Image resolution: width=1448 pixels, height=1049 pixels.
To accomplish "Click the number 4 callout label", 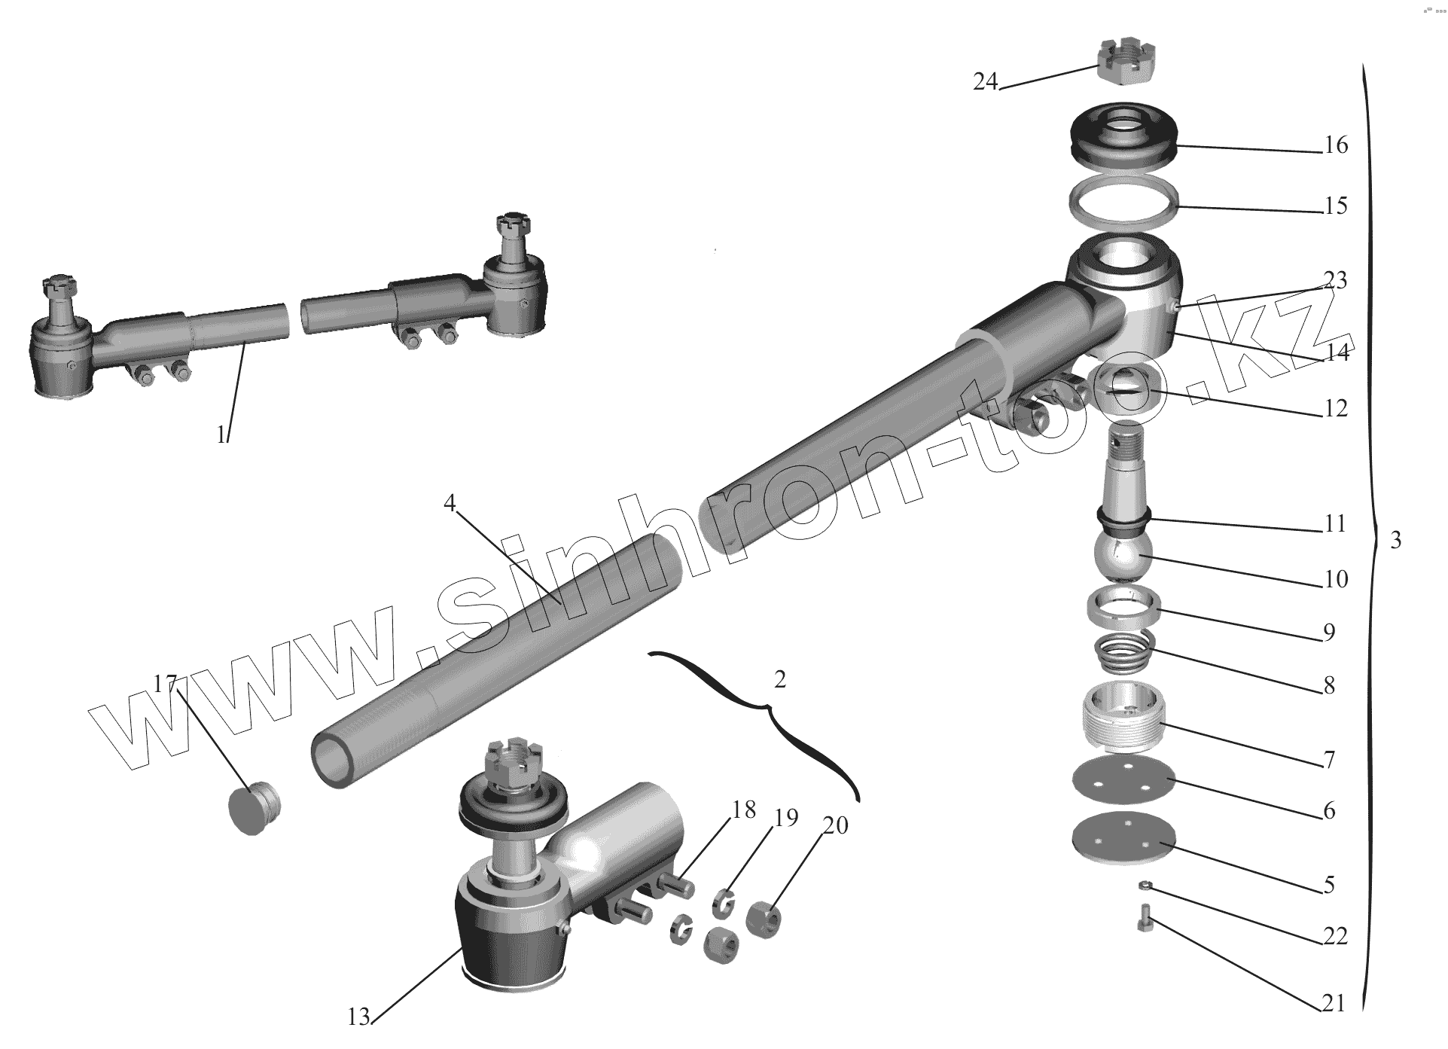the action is (450, 503).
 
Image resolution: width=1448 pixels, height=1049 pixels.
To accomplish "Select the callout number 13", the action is (358, 1017).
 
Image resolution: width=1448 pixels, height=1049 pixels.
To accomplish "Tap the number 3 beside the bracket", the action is (1395, 540).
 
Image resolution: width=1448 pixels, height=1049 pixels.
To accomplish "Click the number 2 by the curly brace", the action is (779, 679).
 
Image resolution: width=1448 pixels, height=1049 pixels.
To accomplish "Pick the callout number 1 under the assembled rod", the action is (221, 435).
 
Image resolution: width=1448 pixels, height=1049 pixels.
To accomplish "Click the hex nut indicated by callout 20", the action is (763, 921).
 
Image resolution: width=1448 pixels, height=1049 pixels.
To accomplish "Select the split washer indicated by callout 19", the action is (724, 902).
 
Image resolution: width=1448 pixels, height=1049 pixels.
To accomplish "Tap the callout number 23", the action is (1335, 281).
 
